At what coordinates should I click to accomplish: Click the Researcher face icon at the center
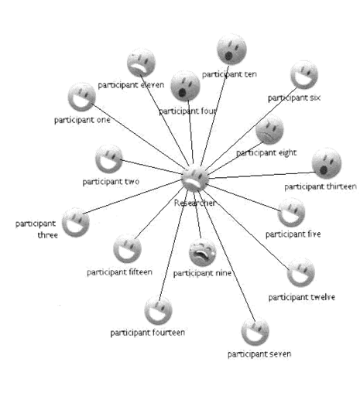(x=195, y=179)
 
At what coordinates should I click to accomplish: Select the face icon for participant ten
(x=231, y=50)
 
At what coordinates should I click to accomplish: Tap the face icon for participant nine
(x=203, y=252)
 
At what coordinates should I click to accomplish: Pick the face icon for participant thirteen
(x=327, y=163)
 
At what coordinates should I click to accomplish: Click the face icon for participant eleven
(x=141, y=63)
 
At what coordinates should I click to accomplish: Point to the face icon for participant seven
(x=255, y=332)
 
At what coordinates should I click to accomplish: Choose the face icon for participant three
(x=76, y=222)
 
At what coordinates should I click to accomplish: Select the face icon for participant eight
(x=269, y=130)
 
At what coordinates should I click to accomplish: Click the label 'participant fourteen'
(x=148, y=333)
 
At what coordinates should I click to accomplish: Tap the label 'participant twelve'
(x=302, y=297)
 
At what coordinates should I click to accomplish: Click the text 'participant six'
(x=294, y=97)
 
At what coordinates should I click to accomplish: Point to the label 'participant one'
(x=82, y=120)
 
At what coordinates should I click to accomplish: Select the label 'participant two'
(x=111, y=182)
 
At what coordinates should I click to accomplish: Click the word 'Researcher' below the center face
(x=194, y=203)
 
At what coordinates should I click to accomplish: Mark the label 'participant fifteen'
(x=119, y=272)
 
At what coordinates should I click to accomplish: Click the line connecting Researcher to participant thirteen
(x=261, y=175)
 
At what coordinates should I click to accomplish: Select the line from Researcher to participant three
(x=132, y=196)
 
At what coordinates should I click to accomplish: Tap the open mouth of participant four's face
(x=182, y=93)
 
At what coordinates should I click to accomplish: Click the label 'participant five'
(x=293, y=234)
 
